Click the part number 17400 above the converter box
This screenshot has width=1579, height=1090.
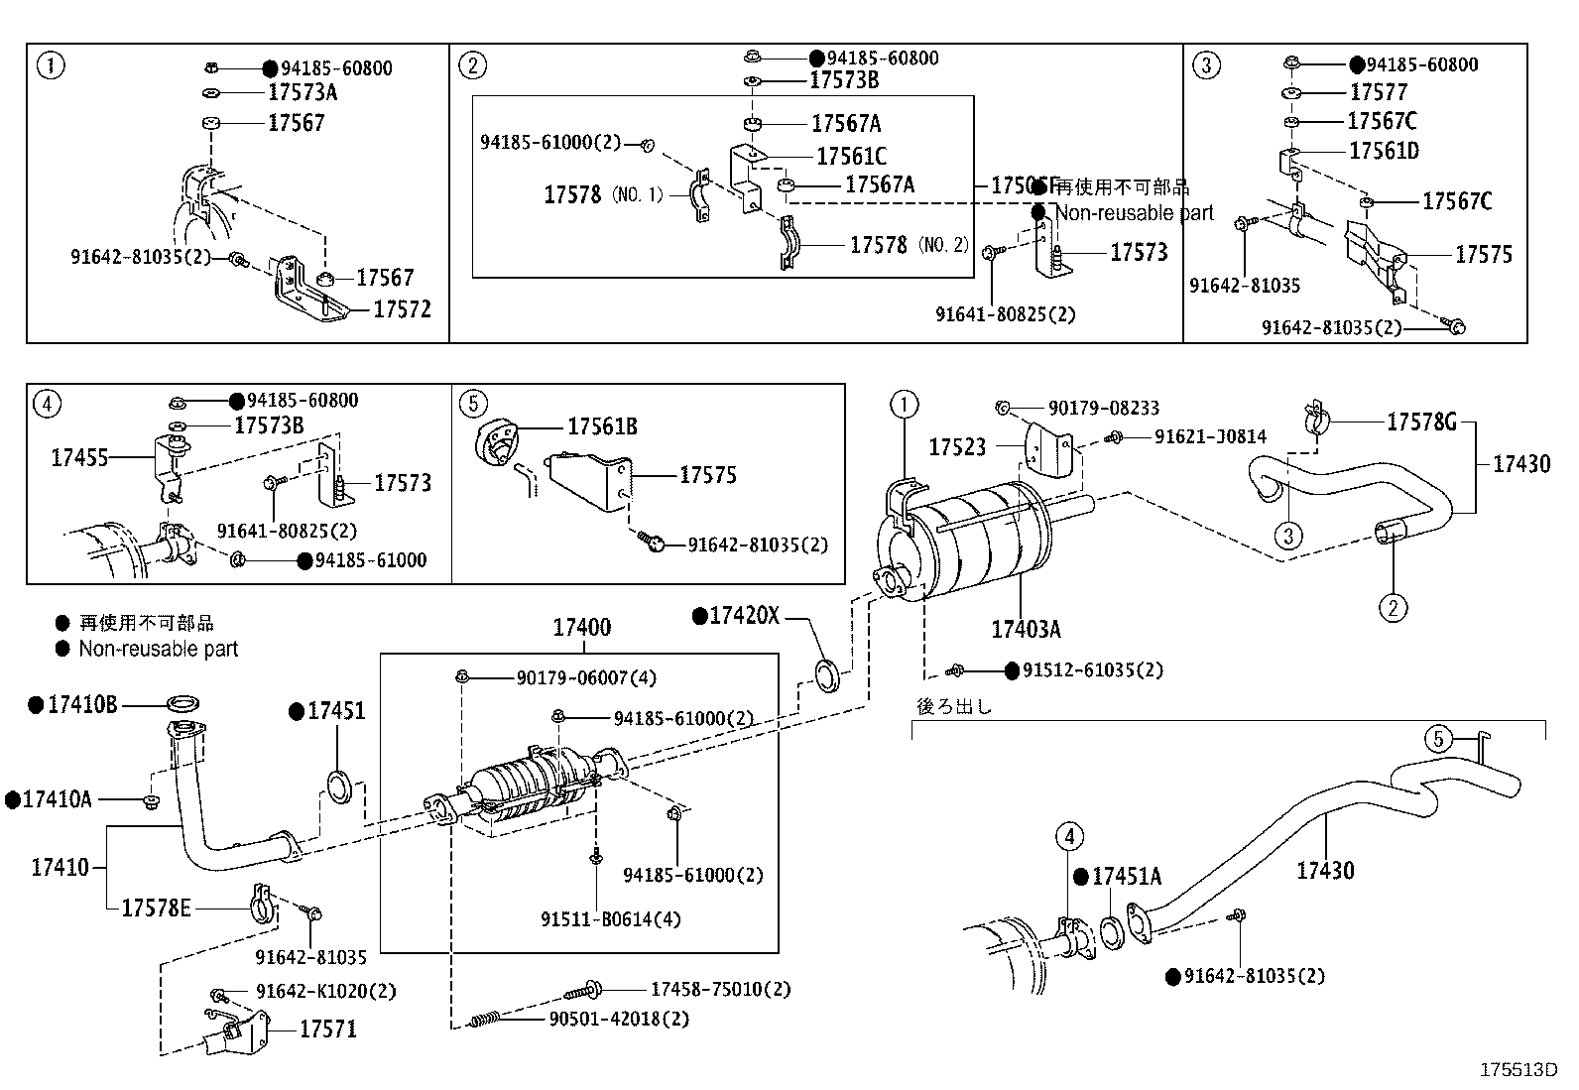[581, 627]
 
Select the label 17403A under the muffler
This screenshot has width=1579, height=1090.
[1026, 629]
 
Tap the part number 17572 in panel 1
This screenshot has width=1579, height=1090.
[402, 309]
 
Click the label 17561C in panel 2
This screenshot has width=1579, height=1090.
[851, 156]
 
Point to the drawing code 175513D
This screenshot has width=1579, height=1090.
[1518, 1070]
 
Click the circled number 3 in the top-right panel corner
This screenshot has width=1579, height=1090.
[1206, 66]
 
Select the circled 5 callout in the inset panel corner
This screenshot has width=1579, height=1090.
[473, 404]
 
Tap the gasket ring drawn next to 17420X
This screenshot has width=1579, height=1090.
[826, 675]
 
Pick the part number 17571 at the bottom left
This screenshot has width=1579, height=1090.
[328, 1029]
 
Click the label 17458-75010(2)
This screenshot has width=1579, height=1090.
[721, 989]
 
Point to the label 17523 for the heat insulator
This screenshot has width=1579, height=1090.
[957, 447]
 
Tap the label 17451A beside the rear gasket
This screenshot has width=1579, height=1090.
[1126, 877]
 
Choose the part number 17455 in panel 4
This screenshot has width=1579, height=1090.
[79, 457]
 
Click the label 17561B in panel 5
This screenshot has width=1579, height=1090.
[602, 426]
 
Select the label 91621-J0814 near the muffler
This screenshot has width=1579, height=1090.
[1210, 436]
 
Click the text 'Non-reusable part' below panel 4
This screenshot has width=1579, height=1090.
[159, 649]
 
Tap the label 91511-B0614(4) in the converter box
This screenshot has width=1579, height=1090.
[611, 919]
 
